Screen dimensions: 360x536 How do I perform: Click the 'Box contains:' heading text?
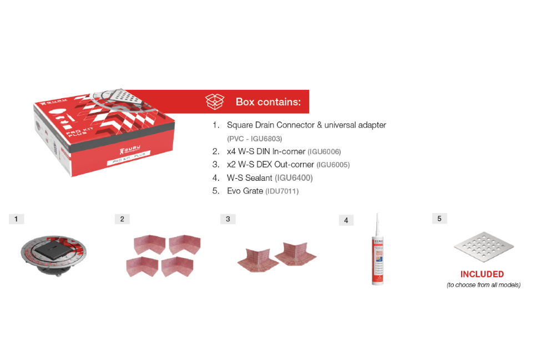tap(268, 102)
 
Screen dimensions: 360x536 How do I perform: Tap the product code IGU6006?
tap(324, 151)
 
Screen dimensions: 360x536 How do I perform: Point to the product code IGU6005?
tap(333, 165)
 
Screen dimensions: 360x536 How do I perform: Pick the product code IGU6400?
tap(294, 178)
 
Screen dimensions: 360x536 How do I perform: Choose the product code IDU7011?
tap(282, 191)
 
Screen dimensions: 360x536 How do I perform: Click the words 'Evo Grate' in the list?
tap(245, 191)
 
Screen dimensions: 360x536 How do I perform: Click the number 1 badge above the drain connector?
tap(16, 219)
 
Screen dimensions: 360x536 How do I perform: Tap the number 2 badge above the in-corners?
tap(122, 219)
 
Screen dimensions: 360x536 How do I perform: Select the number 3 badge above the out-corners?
tap(227, 219)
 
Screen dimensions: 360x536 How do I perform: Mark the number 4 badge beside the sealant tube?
tap(346, 220)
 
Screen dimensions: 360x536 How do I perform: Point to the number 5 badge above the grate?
tap(439, 219)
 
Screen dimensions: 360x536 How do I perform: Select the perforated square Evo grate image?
tap(483, 247)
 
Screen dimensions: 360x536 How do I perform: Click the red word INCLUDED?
tap(482, 274)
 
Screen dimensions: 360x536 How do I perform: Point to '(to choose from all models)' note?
tap(483, 285)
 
